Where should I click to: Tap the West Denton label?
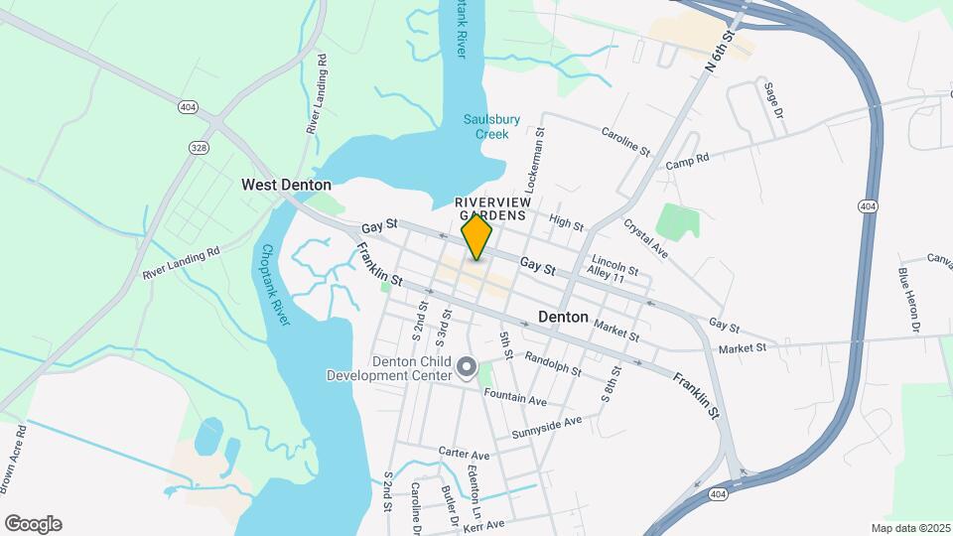point(286,185)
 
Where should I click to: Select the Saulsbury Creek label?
point(491,126)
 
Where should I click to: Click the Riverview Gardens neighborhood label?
point(492,208)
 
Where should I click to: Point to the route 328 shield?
point(199,146)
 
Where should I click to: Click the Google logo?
point(33,524)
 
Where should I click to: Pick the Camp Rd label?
point(687,160)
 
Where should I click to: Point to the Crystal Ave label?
point(645,239)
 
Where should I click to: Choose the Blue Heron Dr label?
point(909,298)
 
